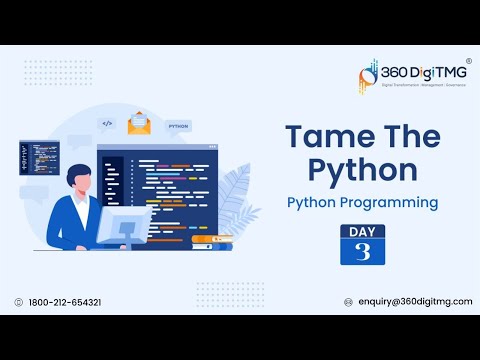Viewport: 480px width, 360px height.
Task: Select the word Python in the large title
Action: (x=348, y=170)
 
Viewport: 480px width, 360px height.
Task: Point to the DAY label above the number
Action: (x=362, y=231)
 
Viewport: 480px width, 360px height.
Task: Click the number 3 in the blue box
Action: (x=362, y=253)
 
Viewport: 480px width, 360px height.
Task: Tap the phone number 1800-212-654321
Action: (x=65, y=302)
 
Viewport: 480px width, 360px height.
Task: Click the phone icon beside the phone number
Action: (x=19, y=302)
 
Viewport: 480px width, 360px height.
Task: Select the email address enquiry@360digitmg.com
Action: (x=414, y=302)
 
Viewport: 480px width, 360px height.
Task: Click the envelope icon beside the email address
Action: (x=348, y=302)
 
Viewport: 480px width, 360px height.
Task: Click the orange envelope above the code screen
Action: (x=137, y=127)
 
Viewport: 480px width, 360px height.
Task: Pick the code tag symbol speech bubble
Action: (x=107, y=124)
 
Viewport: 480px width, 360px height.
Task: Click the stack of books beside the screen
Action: (x=211, y=241)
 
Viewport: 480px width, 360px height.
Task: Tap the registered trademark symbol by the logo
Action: (x=469, y=61)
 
